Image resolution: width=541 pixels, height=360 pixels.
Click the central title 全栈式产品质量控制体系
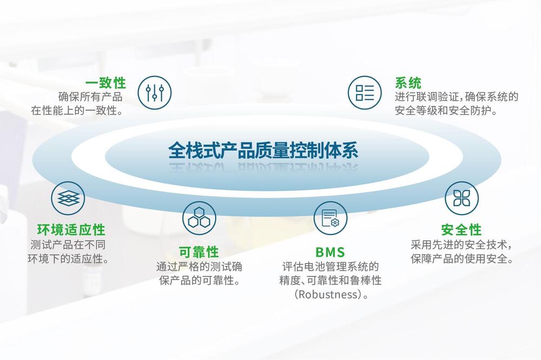(x=263, y=150)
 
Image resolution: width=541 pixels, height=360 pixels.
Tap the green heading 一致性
(x=105, y=83)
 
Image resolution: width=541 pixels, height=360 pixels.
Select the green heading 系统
(x=408, y=83)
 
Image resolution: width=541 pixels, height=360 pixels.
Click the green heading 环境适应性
(x=71, y=230)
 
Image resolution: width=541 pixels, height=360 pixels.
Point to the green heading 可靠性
(x=199, y=252)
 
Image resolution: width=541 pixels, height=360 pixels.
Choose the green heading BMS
(x=330, y=252)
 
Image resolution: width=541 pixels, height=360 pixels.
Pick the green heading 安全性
(x=461, y=230)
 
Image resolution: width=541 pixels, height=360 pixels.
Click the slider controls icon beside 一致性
(x=155, y=93)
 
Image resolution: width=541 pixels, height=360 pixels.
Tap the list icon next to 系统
(x=365, y=93)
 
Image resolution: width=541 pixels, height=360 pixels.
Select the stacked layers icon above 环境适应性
(x=68, y=198)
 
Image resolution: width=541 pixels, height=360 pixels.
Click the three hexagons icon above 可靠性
(x=199, y=218)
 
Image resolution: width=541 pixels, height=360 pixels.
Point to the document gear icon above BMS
(x=330, y=218)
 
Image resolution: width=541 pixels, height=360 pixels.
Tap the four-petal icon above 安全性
(x=461, y=198)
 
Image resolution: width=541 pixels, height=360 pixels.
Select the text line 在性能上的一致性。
(x=77, y=111)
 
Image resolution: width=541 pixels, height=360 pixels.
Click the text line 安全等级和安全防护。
(x=446, y=111)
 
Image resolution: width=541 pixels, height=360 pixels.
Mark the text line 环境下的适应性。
(x=68, y=258)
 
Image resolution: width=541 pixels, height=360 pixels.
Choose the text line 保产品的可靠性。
(x=200, y=281)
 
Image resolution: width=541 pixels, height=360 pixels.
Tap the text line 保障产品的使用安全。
(x=462, y=258)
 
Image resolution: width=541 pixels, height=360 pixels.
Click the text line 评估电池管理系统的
(x=330, y=266)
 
